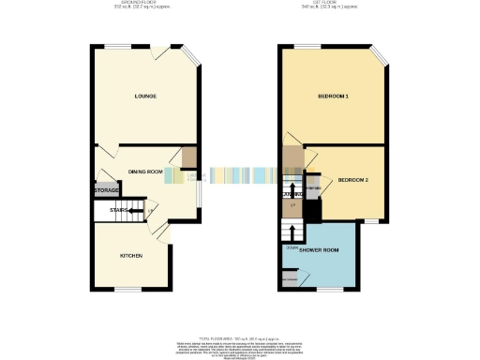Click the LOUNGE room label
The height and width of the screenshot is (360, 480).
[x=144, y=97]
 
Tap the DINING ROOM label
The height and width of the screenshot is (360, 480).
[x=145, y=172]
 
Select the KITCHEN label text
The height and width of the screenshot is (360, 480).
[x=129, y=254]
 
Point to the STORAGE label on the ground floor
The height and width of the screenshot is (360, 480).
[x=106, y=190]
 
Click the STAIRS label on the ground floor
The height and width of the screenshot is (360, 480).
[x=117, y=211]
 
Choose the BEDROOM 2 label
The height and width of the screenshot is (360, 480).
[x=353, y=179]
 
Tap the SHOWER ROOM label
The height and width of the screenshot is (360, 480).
[x=318, y=251]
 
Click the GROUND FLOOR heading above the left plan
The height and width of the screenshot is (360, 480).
[x=143, y=5]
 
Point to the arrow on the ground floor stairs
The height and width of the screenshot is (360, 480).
[x=139, y=211]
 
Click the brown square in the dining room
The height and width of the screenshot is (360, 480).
[x=189, y=156]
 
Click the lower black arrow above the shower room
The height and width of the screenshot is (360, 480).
[x=293, y=230]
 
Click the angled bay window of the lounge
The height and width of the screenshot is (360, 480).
[x=190, y=57]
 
